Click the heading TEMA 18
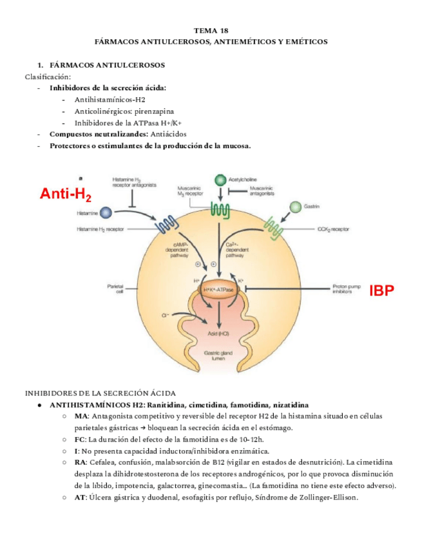211,30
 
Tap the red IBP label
381,290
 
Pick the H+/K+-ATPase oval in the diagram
219,290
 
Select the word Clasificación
48,77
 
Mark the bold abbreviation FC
80,439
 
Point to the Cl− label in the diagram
165,315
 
